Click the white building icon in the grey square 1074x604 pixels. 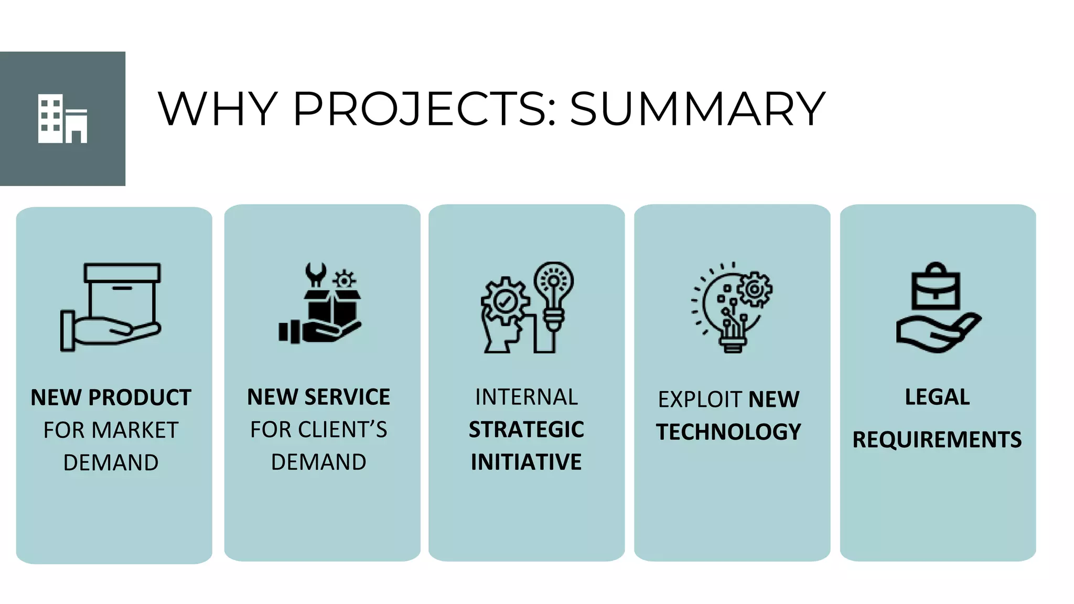[62, 119]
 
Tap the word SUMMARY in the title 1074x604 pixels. [697, 109]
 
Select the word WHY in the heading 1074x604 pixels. [217, 109]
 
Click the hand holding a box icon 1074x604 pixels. [111, 307]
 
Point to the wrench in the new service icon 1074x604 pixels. [316, 274]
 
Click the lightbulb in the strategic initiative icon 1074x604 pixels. [554, 294]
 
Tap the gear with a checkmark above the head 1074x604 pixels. [505, 301]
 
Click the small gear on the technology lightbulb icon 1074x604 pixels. [755, 289]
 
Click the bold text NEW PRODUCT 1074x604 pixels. [111, 397]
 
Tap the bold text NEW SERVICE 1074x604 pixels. [319, 397]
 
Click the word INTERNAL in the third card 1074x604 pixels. [527, 397]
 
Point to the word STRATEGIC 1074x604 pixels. [527, 429]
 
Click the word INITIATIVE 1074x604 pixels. [527, 462]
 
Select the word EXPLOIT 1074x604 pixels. [701, 400]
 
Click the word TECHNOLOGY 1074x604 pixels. [729, 432]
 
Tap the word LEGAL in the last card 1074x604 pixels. [937, 397]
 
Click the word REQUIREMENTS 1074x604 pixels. [937, 439]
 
